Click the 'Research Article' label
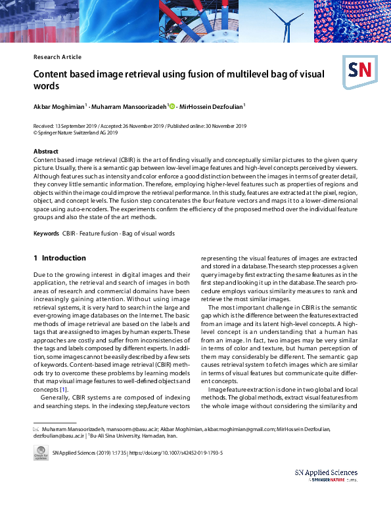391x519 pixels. pyautogui.click(x=57, y=57)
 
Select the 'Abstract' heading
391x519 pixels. pyautogui.click(x=45, y=152)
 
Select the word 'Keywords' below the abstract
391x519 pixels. pyautogui.click(x=47, y=233)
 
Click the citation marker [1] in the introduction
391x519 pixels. pyautogui.click(x=64, y=390)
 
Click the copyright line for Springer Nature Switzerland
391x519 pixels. pyautogui.click(x=76, y=132)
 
